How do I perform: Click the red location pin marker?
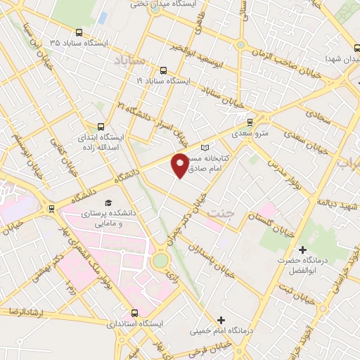click(x=180, y=164)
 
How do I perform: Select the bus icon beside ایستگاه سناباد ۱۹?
click(x=163, y=70)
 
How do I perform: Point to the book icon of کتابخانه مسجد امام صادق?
click(x=205, y=148)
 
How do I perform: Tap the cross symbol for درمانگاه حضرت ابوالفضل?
click(x=303, y=250)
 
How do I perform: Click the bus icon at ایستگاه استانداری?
click(x=135, y=314)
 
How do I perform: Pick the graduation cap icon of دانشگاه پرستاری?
click(x=108, y=202)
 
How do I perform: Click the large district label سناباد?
click(x=129, y=60)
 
